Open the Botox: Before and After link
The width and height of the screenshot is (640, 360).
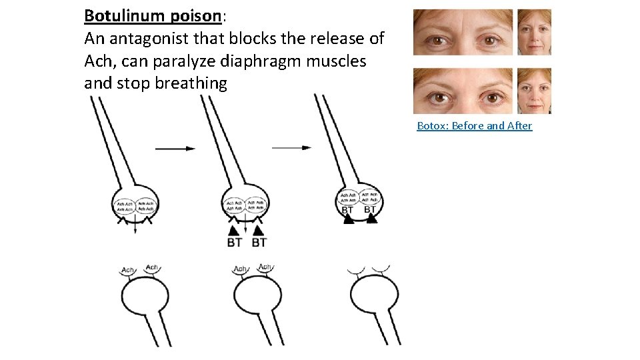474,125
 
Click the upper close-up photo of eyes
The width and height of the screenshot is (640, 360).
463,32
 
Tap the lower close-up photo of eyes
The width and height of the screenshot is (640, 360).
463,91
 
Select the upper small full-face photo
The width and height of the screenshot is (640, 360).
535,32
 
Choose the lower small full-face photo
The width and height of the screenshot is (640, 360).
535,91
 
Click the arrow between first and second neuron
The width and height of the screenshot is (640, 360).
175,148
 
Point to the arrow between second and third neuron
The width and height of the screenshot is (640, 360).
291,147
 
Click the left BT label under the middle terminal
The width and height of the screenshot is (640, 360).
234,243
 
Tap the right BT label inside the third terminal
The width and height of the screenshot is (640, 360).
371,210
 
